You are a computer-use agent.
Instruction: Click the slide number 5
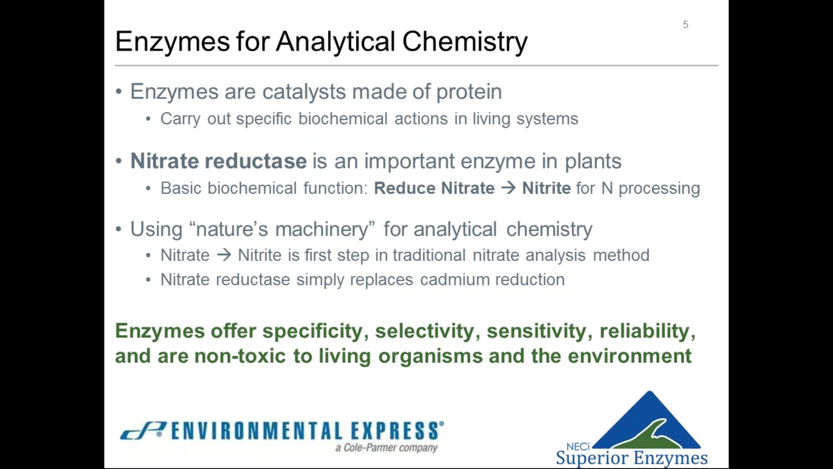(685, 25)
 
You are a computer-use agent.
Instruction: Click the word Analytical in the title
(336, 42)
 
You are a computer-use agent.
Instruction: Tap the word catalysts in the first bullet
(304, 92)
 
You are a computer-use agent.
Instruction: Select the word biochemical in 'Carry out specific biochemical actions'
(343, 119)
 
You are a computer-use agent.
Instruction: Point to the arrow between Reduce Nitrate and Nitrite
(508, 188)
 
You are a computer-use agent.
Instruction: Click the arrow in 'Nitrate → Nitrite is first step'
(224, 255)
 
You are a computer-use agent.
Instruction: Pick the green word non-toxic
(240, 356)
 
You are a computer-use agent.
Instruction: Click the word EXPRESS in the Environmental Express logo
(395, 431)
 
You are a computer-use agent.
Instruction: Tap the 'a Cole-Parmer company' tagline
(386, 448)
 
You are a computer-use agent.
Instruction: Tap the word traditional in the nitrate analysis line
(429, 255)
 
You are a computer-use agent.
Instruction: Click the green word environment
(630, 356)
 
